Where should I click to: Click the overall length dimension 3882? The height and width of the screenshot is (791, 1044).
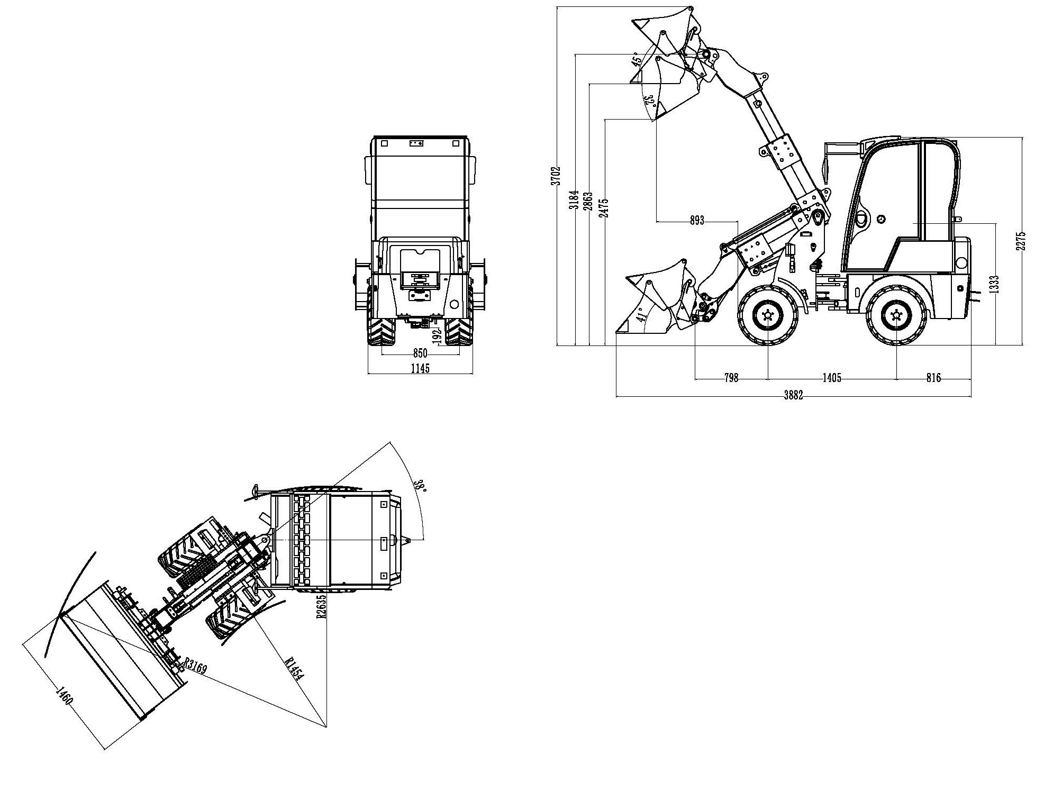coord(793,395)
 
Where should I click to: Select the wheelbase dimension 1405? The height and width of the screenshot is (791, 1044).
coord(832,378)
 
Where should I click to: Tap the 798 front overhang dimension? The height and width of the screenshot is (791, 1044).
coord(731,378)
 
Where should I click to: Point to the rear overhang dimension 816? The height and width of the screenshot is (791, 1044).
coord(933,378)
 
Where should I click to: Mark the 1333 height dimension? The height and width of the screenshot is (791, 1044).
coord(994,284)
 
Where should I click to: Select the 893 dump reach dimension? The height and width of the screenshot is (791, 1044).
coord(697,221)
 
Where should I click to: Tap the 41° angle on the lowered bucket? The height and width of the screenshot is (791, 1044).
coord(641,315)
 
